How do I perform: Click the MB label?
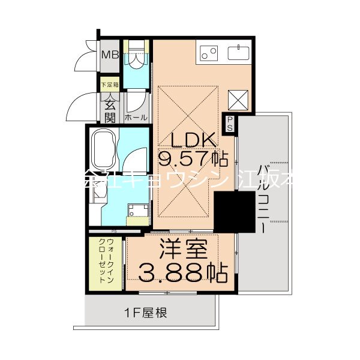(x=110, y=55)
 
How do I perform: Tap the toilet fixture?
(x=136, y=54)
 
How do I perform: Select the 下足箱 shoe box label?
(x=110, y=85)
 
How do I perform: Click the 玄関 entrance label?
(x=110, y=109)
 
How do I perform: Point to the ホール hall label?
(x=136, y=118)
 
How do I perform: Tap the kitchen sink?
(x=241, y=52)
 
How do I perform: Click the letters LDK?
(x=193, y=140)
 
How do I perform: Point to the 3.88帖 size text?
(x=183, y=273)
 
